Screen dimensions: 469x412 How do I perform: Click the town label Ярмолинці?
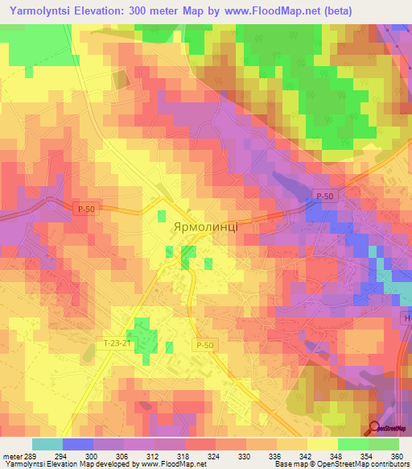point(204,227)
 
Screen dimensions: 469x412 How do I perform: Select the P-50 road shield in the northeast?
point(324,196)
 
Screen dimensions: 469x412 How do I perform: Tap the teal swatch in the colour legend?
point(47,444)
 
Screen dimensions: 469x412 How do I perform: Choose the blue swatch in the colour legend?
point(78,444)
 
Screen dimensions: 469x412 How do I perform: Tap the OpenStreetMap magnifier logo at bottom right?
point(374,427)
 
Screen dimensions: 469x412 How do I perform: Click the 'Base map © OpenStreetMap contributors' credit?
point(340,464)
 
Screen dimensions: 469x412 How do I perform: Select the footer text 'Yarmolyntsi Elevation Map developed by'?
point(69,464)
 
